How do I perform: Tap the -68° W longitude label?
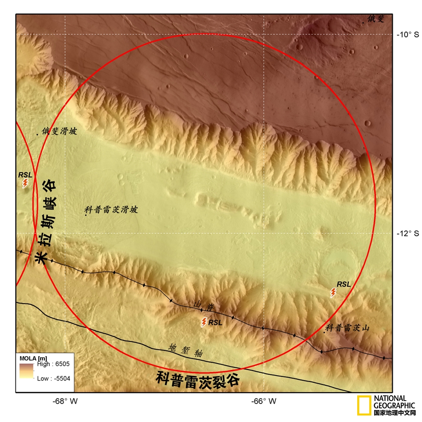coord(65,401)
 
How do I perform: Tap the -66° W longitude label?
coord(263,401)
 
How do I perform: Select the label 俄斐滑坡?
coord(59,132)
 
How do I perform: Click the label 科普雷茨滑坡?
coord(111,210)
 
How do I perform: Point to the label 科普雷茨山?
coord(347,328)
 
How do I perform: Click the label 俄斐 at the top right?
coord(376,18)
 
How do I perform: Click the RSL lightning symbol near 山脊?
coord(204,322)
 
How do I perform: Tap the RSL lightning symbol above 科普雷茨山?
coord(333,292)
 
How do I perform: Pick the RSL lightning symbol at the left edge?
coord(25,183)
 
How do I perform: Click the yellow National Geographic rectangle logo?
coord(364,405)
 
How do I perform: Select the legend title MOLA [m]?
coord(33,357)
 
